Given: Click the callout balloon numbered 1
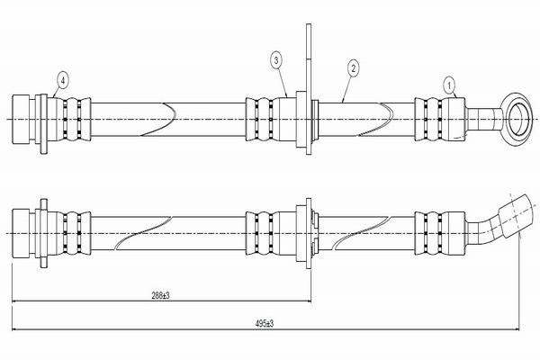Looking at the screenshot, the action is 449,85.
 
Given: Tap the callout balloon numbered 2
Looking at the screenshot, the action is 353,68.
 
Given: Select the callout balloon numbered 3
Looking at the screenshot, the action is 276,60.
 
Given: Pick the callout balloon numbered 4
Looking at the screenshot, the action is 62,81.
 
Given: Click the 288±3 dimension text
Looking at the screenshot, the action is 160,295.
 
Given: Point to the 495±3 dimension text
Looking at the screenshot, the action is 265,323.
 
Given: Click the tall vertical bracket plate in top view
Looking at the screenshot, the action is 309,89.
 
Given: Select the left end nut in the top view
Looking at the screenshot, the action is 22,119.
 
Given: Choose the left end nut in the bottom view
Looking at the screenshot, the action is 22,233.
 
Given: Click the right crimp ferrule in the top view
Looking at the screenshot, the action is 440,119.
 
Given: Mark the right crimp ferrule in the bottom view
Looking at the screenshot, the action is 440,233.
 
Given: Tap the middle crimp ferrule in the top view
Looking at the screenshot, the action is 271,119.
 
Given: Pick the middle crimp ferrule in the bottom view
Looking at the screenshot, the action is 271,233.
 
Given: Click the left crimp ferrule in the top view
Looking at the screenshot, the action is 69,119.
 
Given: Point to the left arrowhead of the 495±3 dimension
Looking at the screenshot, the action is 14,329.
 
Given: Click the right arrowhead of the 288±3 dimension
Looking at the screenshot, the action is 309,301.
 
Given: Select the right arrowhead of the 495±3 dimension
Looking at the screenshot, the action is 517,329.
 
